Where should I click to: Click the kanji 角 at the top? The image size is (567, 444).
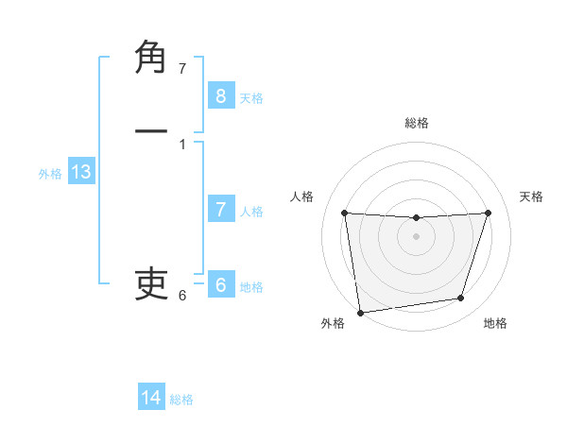(x=151, y=59)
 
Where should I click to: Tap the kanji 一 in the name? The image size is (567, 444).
(x=151, y=131)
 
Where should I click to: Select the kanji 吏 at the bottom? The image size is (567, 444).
(x=151, y=282)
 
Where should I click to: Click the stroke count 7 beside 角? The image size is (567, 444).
(x=182, y=69)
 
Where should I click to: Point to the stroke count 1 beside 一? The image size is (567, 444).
(x=182, y=145)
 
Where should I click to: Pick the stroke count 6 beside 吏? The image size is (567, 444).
(x=182, y=296)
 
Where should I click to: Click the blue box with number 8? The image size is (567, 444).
(x=220, y=96)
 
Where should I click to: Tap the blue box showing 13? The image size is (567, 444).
(x=81, y=172)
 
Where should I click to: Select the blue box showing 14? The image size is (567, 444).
(x=151, y=398)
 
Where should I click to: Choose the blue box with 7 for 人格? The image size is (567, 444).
(x=220, y=210)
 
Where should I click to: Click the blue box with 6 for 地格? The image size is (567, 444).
(x=220, y=285)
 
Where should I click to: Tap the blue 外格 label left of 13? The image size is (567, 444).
(x=50, y=174)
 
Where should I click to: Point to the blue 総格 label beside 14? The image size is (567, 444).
(x=181, y=400)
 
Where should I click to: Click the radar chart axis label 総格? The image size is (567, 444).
(x=416, y=123)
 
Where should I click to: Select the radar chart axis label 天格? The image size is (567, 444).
(x=531, y=196)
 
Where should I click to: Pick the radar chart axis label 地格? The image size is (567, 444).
(x=495, y=323)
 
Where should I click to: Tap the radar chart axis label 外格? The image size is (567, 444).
(x=333, y=323)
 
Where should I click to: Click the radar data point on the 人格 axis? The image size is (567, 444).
(x=344, y=213)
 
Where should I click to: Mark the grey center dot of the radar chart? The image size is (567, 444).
(x=416, y=236)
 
